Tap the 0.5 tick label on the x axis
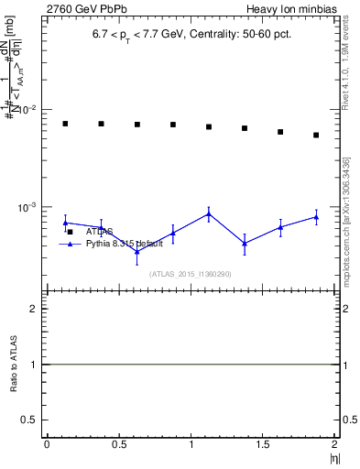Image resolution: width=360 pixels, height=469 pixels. (119, 444)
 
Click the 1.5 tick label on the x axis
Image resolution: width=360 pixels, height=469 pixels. (264, 444)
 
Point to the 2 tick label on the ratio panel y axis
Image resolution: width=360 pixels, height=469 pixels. (34, 309)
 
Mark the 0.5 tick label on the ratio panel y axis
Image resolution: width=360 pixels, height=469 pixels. (30, 420)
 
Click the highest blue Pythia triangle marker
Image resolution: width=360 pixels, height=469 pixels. (209, 213)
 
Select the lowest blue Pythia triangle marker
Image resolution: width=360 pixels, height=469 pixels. (136, 251)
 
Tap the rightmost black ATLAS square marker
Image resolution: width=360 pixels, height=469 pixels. (316, 135)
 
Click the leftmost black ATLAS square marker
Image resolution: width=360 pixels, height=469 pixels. (65, 124)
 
